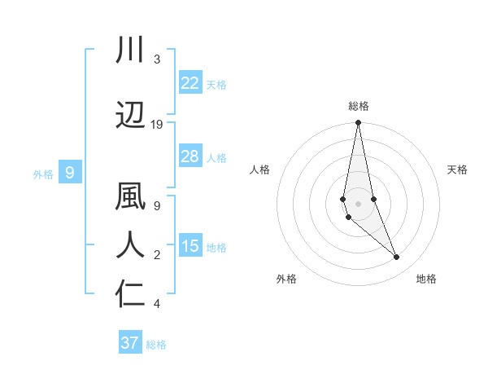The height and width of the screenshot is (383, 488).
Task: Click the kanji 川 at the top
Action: pyautogui.click(x=130, y=50)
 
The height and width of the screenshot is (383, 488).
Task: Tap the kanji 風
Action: pyautogui.click(x=130, y=198)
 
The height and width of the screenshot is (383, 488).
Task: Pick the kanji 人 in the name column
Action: pyautogui.click(x=130, y=245)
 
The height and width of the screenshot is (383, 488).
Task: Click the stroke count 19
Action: pyautogui.click(x=157, y=125)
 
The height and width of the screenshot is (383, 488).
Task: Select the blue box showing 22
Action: pyautogui.click(x=190, y=82)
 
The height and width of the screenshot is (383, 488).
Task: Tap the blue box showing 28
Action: pyautogui.click(x=190, y=156)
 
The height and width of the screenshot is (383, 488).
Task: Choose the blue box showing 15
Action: pyautogui.click(x=190, y=246)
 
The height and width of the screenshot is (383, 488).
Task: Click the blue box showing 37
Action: pyautogui.click(x=129, y=343)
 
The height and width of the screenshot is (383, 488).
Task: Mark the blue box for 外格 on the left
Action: pyautogui.click(x=70, y=172)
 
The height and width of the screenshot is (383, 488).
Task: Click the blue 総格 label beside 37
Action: pyautogui.click(x=156, y=345)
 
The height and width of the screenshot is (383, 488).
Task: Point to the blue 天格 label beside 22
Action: pyautogui.click(x=216, y=84)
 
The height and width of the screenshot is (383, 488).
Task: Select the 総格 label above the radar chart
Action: pyautogui.click(x=359, y=106)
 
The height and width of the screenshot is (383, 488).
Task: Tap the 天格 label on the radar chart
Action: pyautogui.click(x=458, y=169)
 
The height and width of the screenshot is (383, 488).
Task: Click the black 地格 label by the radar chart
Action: pyautogui.click(x=426, y=280)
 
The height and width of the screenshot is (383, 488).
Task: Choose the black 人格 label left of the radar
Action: pyautogui.click(x=260, y=169)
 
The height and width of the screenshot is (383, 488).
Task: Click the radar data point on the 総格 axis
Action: pyautogui.click(x=358, y=123)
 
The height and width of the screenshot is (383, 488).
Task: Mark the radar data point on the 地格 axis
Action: pyautogui.click(x=397, y=258)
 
